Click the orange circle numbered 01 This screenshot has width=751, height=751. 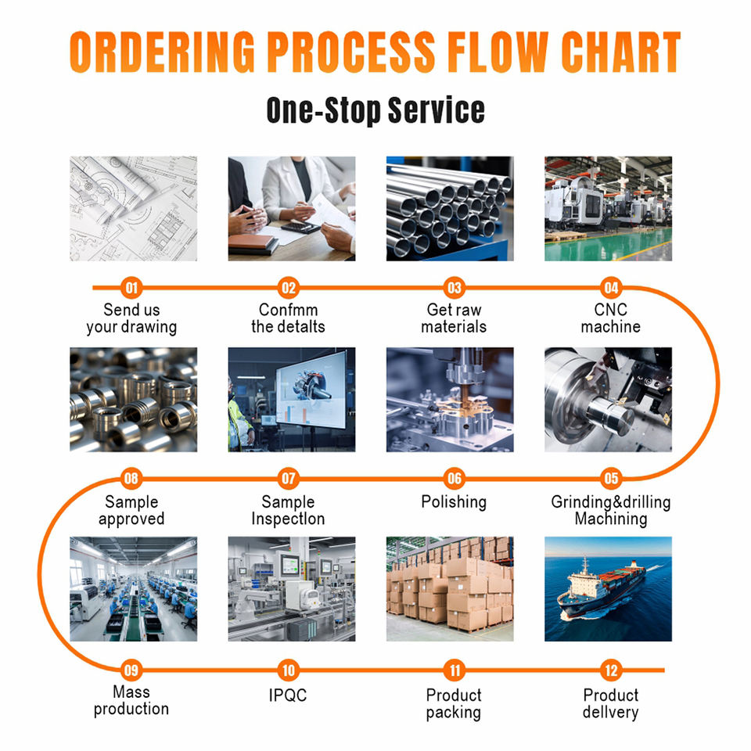[x=131, y=288]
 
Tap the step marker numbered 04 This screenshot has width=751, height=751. [x=611, y=288]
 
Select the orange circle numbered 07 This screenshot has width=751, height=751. [x=289, y=479]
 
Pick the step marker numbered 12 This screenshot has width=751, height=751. [x=611, y=670]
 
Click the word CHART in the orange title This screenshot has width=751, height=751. [x=620, y=52]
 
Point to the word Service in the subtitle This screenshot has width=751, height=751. [x=436, y=110]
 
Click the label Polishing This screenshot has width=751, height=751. [x=454, y=502]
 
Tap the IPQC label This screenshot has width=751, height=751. [x=288, y=695]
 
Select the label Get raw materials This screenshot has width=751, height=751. [x=454, y=318]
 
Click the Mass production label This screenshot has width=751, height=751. [x=131, y=700]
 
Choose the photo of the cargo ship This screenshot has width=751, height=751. [x=609, y=589]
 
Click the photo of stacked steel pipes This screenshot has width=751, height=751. [x=450, y=209]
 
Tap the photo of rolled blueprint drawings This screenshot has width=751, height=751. [x=133, y=209]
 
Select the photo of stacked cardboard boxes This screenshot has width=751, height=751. [x=450, y=589]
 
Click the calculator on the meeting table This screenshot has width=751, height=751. [x=300, y=227]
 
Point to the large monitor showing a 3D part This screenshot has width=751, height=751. [x=311, y=390]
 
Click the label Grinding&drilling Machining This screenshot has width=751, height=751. [x=611, y=511]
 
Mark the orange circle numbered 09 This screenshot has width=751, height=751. [x=131, y=670]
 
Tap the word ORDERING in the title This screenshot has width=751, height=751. [x=162, y=52]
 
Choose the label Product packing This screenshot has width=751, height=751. [x=454, y=704]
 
